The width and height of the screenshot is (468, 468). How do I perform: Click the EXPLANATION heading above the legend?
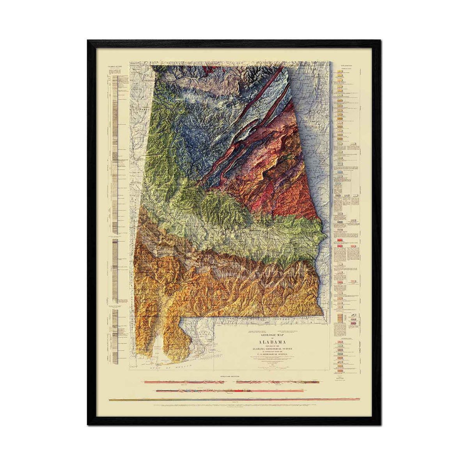(346, 66)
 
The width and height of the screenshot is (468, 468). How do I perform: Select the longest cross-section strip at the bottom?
(234, 399)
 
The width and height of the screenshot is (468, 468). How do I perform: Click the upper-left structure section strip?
(184, 382)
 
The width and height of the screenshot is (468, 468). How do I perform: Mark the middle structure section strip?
(230, 390)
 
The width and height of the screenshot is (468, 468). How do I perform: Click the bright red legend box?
(340, 241)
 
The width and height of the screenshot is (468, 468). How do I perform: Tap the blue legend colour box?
(340, 172)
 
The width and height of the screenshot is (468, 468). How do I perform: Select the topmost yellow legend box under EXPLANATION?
(340, 77)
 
